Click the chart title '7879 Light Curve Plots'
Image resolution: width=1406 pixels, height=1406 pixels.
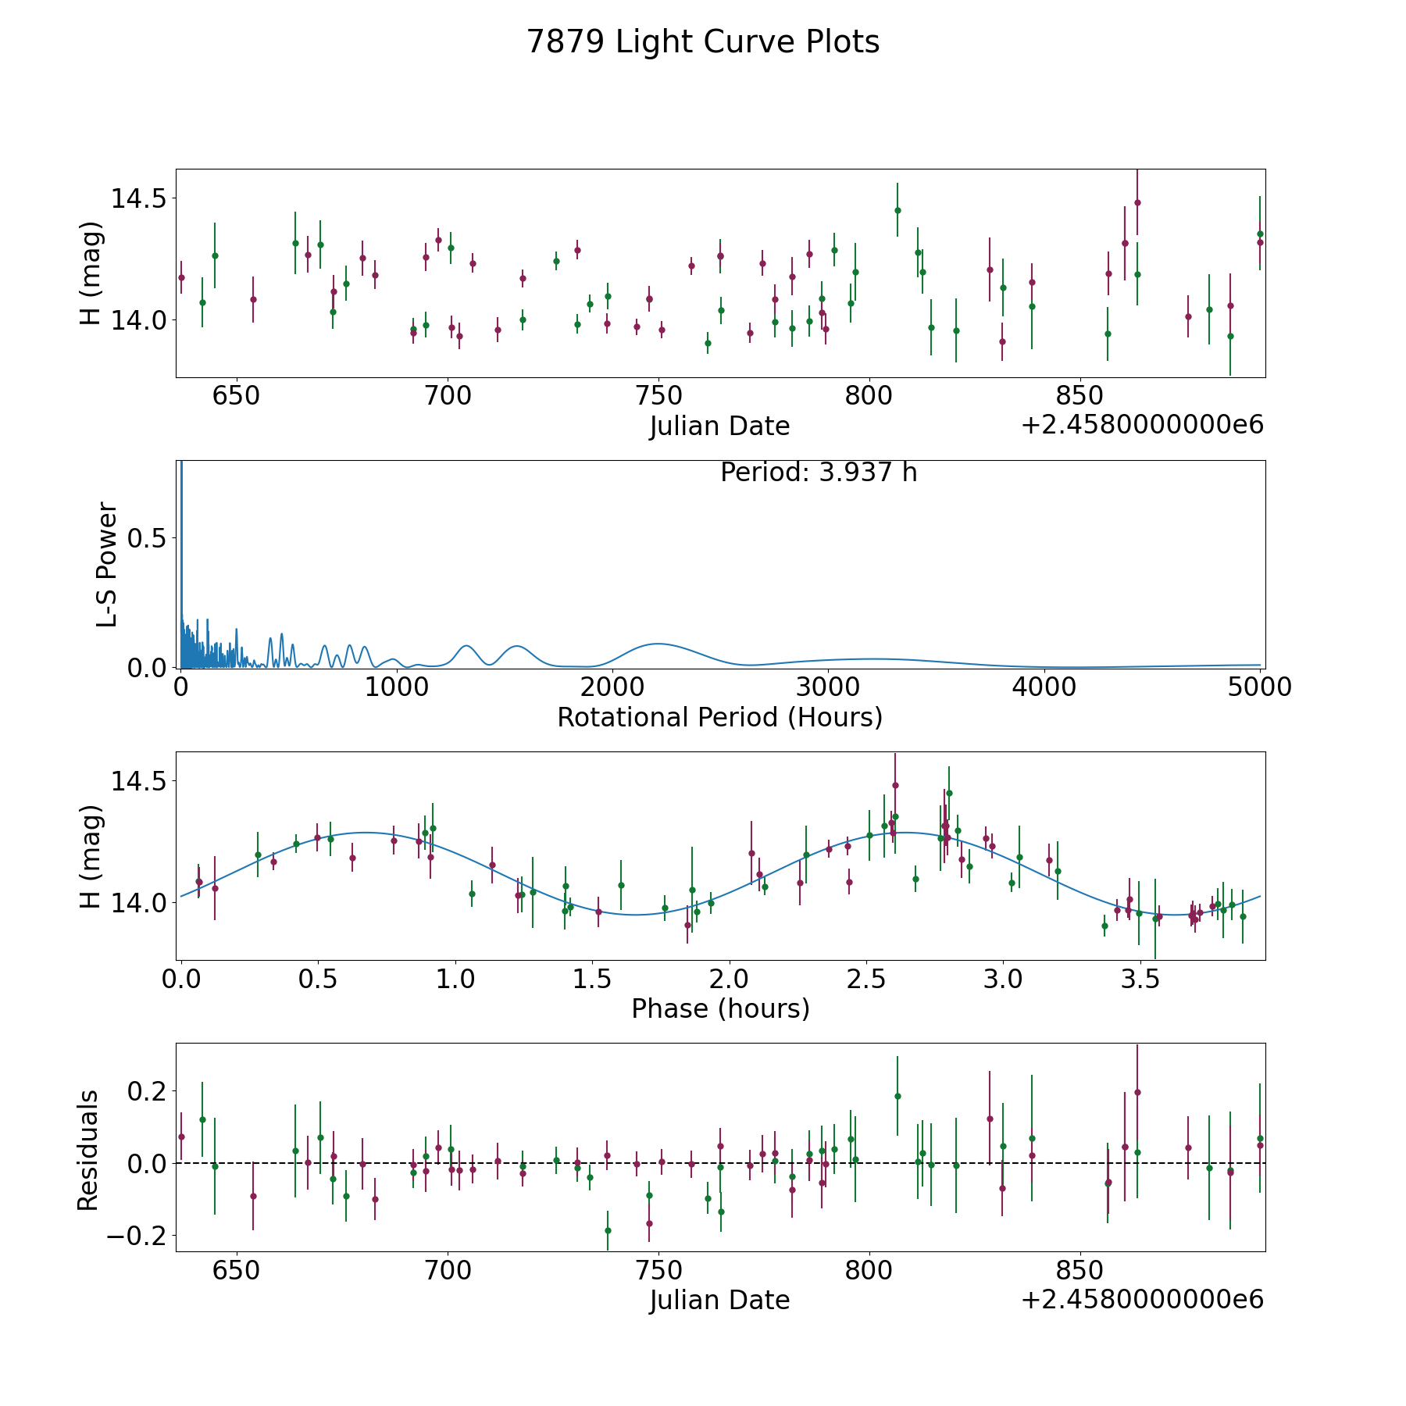tap(703, 42)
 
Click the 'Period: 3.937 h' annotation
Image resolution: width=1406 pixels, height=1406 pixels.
tap(819, 473)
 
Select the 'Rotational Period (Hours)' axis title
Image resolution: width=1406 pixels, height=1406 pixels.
tap(720, 717)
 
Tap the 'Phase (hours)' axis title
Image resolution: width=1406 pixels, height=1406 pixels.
tap(720, 1008)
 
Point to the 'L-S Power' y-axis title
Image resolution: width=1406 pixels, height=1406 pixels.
tap(107, 565)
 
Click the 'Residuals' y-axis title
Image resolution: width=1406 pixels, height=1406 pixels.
tap(88, 1150)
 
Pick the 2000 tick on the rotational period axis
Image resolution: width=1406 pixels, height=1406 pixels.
tap(612, 687)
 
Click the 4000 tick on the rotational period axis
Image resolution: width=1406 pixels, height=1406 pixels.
tap(1044, 687)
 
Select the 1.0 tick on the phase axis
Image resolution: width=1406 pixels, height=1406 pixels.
tap(455, 979)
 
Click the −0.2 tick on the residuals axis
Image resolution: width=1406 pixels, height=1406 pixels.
tap(136, 1236)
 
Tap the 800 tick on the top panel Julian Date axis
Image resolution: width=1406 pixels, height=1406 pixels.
tap(869, 396)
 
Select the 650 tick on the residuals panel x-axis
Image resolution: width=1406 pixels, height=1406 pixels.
tap(237, 1270)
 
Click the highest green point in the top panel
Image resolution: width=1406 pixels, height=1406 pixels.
tap(897, 210)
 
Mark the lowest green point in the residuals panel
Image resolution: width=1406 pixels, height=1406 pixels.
tap(608, 1230)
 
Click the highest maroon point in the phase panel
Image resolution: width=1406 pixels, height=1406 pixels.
tap(895, 785)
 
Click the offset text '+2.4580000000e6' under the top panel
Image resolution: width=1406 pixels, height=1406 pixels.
tap(1142, 425)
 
